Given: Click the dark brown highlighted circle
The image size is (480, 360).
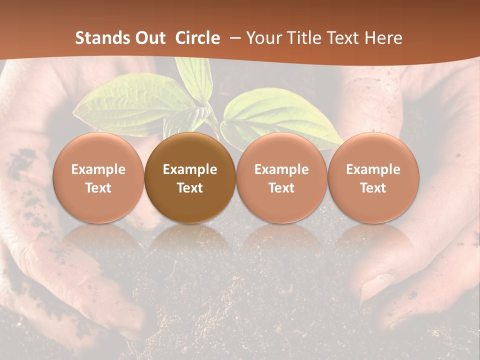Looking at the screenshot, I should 190,178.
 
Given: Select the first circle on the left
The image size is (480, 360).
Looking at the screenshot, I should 98,178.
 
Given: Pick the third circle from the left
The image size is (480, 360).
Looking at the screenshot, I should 281,178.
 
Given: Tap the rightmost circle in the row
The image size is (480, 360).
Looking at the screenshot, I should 373,178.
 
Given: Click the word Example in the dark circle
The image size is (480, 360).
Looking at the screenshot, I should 190,169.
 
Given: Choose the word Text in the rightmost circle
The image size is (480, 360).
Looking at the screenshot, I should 373,188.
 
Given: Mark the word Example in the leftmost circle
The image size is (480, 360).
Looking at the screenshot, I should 98,169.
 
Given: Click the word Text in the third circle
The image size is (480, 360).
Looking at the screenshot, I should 281,188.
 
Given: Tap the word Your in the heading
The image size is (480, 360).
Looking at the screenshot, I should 263,38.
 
